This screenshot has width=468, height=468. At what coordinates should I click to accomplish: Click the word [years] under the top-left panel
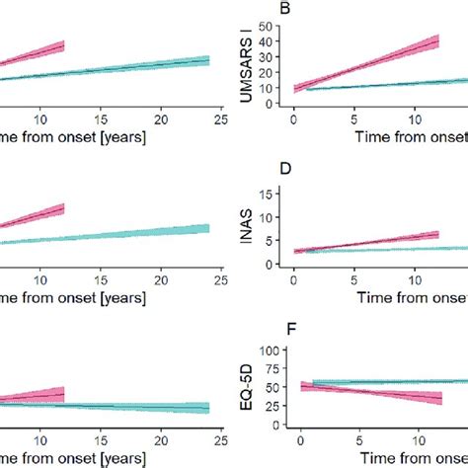tap(118, 136)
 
